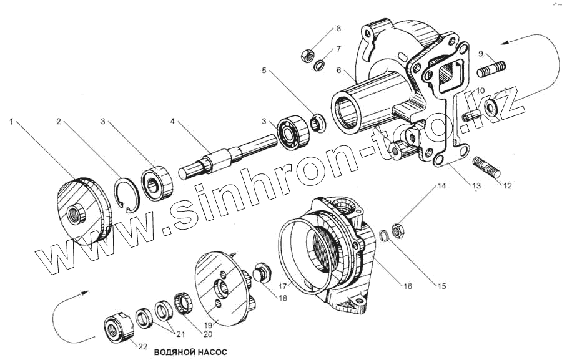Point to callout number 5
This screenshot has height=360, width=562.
coord(265,71)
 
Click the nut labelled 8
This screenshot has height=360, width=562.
coord(308,56)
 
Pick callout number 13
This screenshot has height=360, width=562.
coord(476,186)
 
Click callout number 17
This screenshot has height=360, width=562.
coord(283,286)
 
